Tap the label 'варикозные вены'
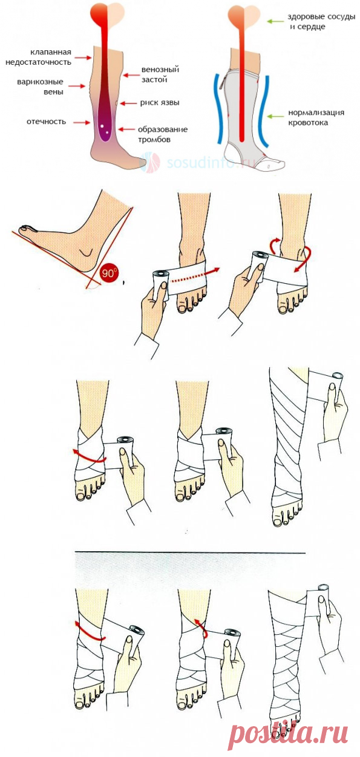(40, 87)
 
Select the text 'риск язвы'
(160, 103)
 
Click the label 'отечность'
(47, 122)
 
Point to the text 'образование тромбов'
(163, 134)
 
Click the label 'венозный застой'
(160, 74)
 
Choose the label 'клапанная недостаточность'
(39, 57)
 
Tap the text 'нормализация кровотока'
(316, 117)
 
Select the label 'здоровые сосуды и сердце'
(321, 22)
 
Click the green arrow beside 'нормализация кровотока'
(275, 117)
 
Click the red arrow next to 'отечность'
(82, 122)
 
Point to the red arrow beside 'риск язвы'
(128, 103)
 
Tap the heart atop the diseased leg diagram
(107, 13)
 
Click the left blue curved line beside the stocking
(218, 108)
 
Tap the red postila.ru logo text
(289, 733)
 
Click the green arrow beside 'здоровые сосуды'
(275, 21)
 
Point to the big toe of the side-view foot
(27, 228)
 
